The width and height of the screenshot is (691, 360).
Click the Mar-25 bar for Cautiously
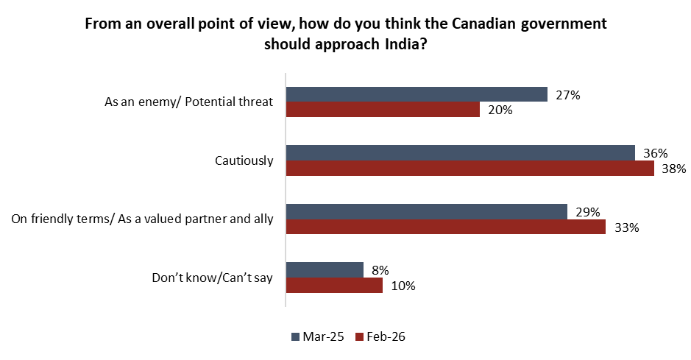(460, 153)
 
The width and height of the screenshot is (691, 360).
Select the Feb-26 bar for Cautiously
(469, 169)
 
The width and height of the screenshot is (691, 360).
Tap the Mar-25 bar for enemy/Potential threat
(417, 94)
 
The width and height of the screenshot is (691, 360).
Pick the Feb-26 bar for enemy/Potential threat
(383, 110)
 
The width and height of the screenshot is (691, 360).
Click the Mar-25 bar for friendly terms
(426, 212)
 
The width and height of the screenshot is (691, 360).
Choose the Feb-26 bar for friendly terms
(445, 227)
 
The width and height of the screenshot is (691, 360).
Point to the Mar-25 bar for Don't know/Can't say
(325, 270)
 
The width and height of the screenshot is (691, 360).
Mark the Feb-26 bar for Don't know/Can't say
(334, 286)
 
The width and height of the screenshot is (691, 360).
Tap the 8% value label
(380, 270)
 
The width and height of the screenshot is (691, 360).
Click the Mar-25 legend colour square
(296, 337)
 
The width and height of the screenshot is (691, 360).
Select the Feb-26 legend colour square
(360, 337)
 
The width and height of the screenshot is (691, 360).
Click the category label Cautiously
(244, 160)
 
